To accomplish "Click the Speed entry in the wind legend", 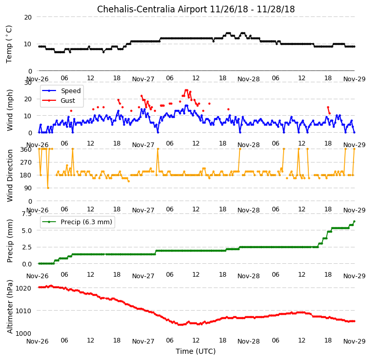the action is pyautogui.click(x=71, y=91).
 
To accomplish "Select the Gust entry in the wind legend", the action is pyautogui.click(x=68, y=101).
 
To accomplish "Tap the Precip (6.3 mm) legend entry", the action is pyautogui.click(x=86, y=222).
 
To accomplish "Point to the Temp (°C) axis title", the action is pyautogui.click(x=9, y=44).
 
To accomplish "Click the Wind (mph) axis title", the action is pyautogui.click(x=10, y=110).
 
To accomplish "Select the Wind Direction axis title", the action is pyautogui.click(x=10, y=175).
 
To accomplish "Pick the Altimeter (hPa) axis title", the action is pyautogui.click(x=10, y=307).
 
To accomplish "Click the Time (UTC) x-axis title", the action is pyautogui.click(x=196, y=351).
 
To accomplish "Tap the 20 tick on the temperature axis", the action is pyautogui.click(x=28, y=17).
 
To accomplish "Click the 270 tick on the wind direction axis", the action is pyautogui.click(x=27, y=163).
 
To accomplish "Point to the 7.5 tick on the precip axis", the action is pyautogui.click(x=27, y=214).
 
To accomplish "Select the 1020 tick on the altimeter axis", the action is pyautogui.click(x=24, y=288).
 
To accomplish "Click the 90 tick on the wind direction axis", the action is pyautogui.click(x=28, y=188).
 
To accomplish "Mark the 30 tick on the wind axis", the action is pyautogui.click(x=28, y=83).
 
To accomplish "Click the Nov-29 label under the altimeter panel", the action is pyautogui.click(x=355, y=341).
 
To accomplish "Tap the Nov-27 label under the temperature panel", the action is pyautogui.click(x=143, y=79).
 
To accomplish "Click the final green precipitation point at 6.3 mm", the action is pyautogui.click(x=354, y=222).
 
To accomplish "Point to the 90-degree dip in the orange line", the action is pyautogui.click(x=48, y=188).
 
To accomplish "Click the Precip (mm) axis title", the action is pyautogui.click(x=10, y=241).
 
